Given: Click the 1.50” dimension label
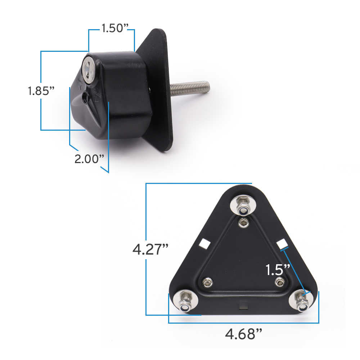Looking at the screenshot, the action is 115,28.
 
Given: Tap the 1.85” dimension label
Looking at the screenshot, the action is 41,91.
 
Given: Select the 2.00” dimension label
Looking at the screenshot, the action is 89,159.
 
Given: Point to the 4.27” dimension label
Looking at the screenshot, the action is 150,249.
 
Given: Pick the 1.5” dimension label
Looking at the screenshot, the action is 278,270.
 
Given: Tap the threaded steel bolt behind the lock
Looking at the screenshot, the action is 190,88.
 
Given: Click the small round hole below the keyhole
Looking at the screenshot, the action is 85,97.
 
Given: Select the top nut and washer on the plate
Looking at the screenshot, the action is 243,205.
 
